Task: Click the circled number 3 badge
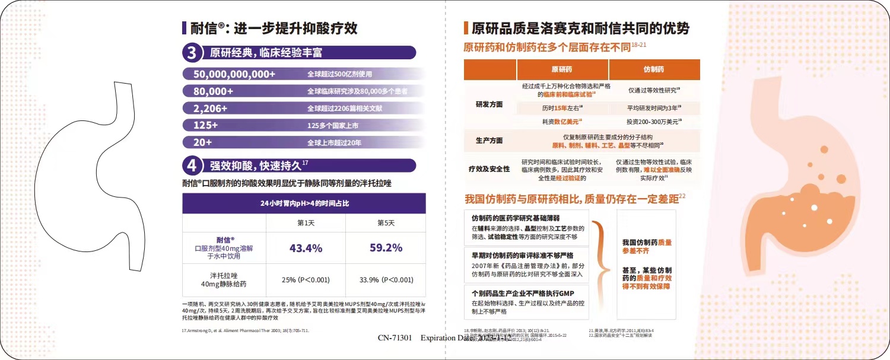(192, 53)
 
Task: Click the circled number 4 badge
(192, 165)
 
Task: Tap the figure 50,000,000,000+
(234, 74)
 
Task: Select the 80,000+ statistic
(214, 91)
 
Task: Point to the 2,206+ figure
(211, 109)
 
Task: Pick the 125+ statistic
(206, 125)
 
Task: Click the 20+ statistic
(203, 142)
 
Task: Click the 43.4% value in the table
(306, 248)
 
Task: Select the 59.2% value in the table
(386, 248)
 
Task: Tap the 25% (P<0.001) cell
(306, 279)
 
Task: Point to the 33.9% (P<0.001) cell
(386, 279)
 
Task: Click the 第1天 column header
(306, 223)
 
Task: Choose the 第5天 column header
(386, 223)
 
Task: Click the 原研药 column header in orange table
(562, 69)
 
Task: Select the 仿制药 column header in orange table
(654, 69)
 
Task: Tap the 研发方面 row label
(490, 104)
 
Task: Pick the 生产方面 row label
(490, 141)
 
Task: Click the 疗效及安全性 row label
(490, 170)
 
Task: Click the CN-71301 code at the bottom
(395, 337)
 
